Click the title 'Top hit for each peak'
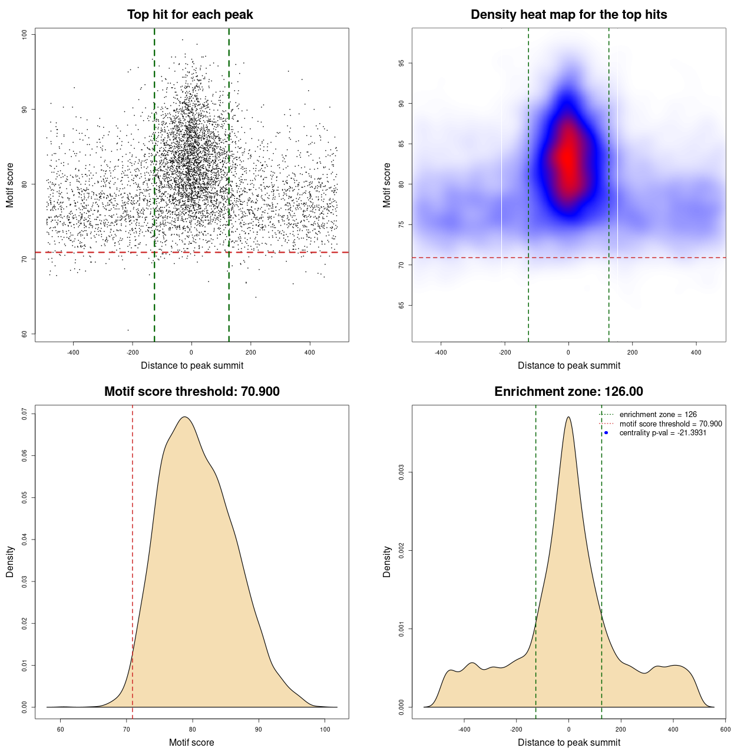click(190, 15)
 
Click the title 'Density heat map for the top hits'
click(568, 15)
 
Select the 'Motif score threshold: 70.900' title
click(191, 392)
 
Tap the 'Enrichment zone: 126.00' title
click(568, 392)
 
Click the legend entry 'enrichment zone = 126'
click(658, 415)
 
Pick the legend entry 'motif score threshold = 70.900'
click(670, 424)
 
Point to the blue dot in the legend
click(606, 433)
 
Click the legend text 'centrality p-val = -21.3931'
click(663, 433)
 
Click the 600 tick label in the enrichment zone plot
click(725, 729)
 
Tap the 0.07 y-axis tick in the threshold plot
click(25, 414)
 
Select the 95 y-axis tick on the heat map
click(402, 63)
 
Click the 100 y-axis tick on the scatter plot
click(25, 34)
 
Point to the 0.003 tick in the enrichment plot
click(402, 472)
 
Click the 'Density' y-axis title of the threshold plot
click(10, 562)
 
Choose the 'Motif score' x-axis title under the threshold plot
click(191, 742)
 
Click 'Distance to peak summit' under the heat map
click(568, 365)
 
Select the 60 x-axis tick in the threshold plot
click(60, 729)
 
